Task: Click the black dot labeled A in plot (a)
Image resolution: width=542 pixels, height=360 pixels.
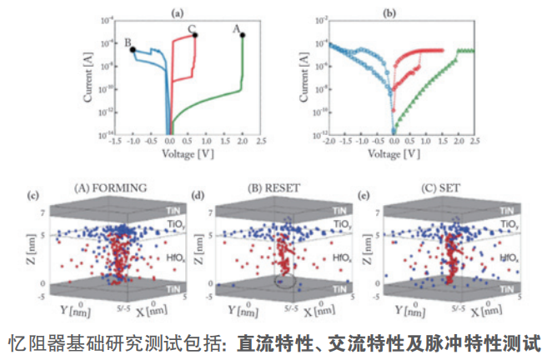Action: [243, 34]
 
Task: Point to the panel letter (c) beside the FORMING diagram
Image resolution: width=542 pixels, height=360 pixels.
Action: [33, 197]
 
